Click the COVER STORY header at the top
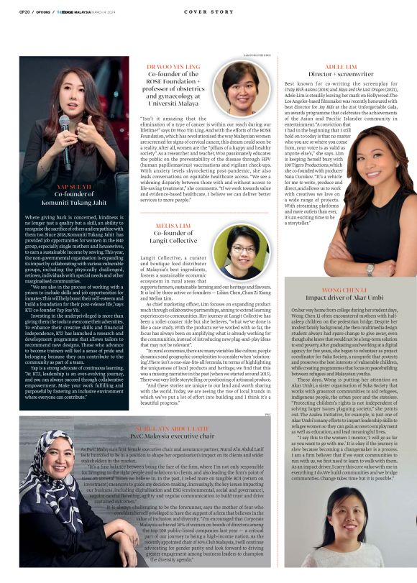[x=208, y=12]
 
